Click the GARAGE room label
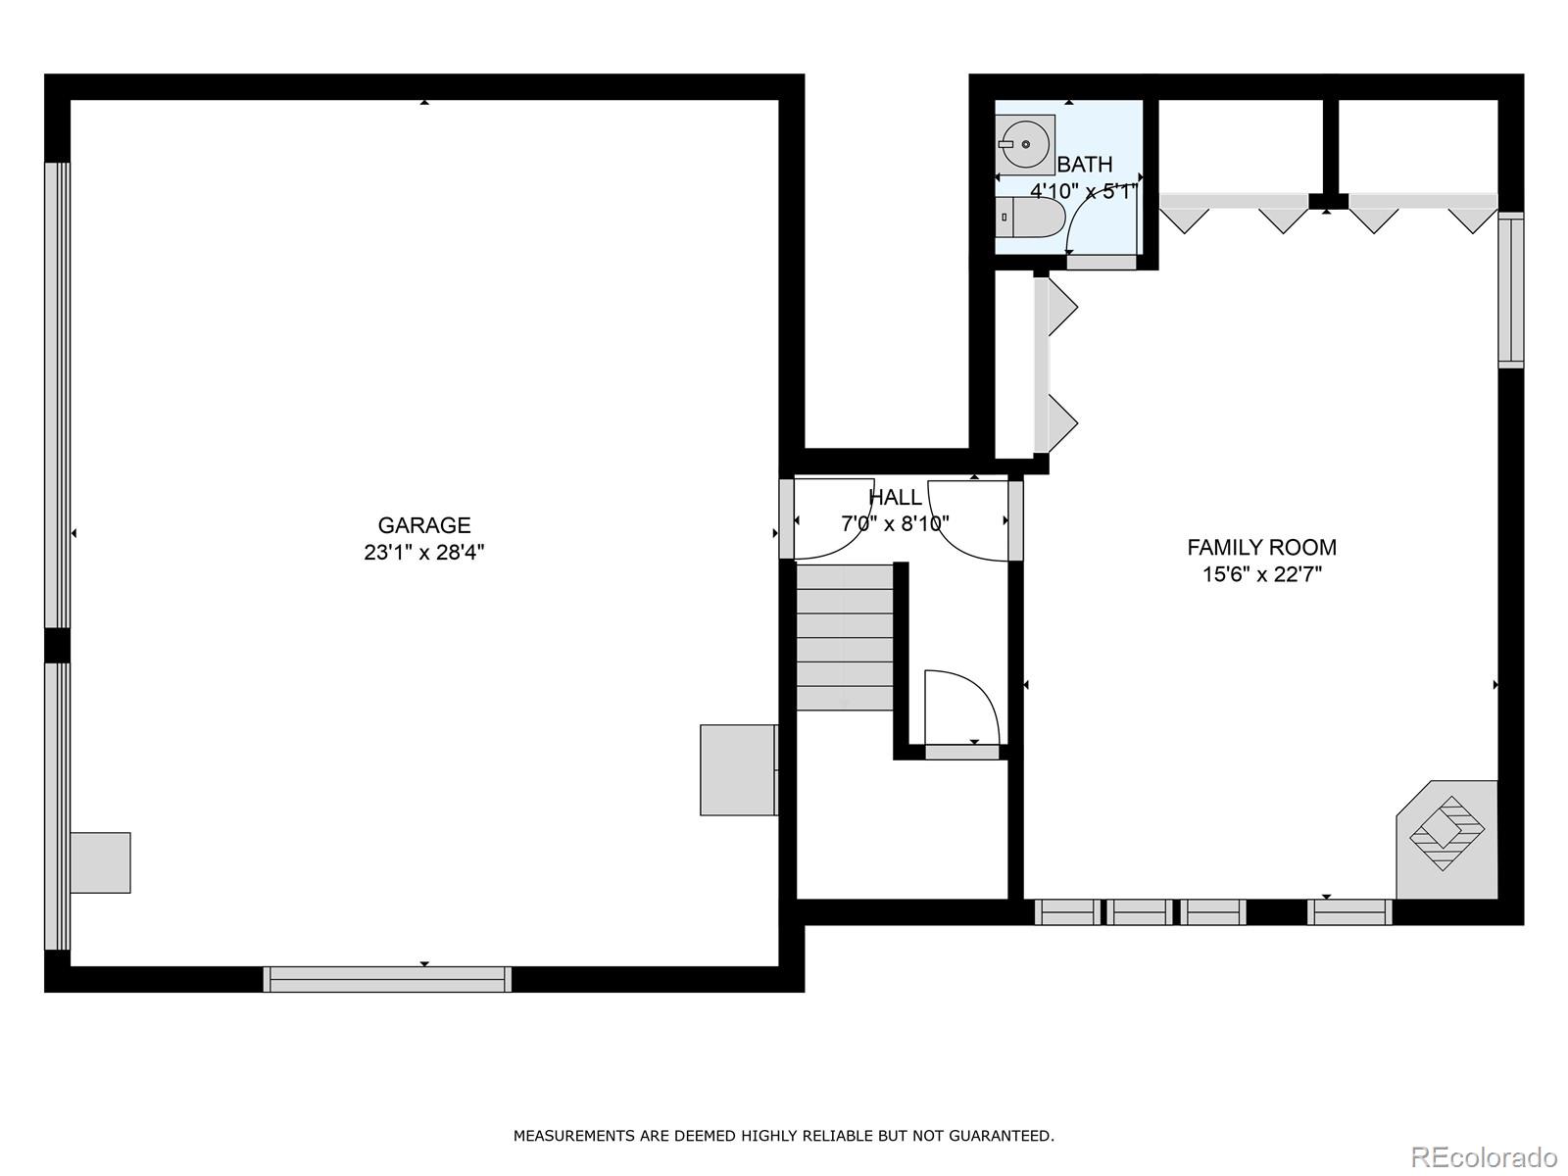pos(423,525)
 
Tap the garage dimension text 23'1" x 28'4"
pos(423,552)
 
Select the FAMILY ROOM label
pos(1261,547)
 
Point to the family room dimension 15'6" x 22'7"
pos(1261,574)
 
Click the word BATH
pos(1085,165)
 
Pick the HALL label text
pos(895,496)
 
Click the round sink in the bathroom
pos(1025,144)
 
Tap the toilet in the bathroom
pos(1030,217)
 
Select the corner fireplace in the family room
pos(1446,839)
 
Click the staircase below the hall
pos(845,638)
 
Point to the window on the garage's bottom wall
pos(387,979)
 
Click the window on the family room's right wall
pos(1511,290)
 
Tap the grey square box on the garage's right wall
pos(739,769)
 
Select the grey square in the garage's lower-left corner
pos(100,862)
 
